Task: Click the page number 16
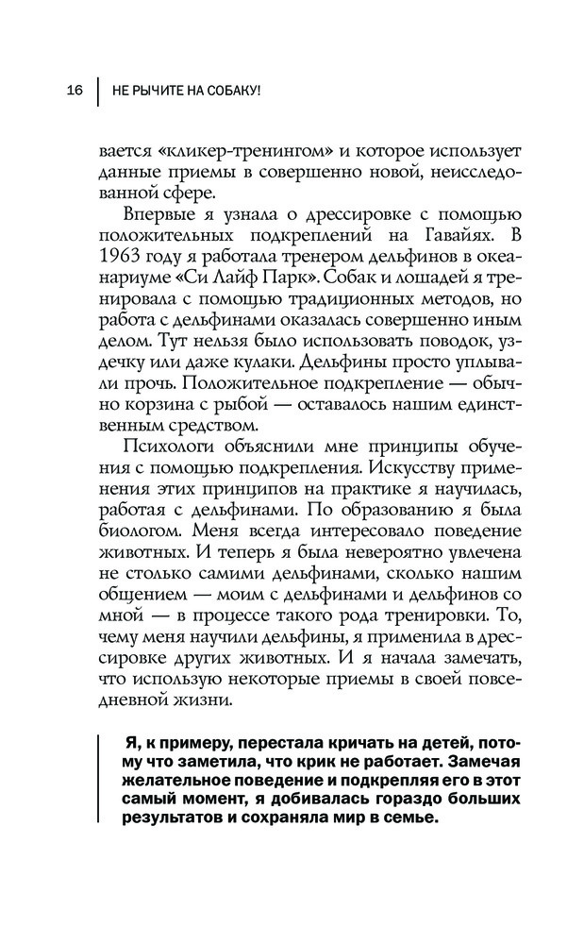point(75,90)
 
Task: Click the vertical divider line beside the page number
point(97,90)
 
